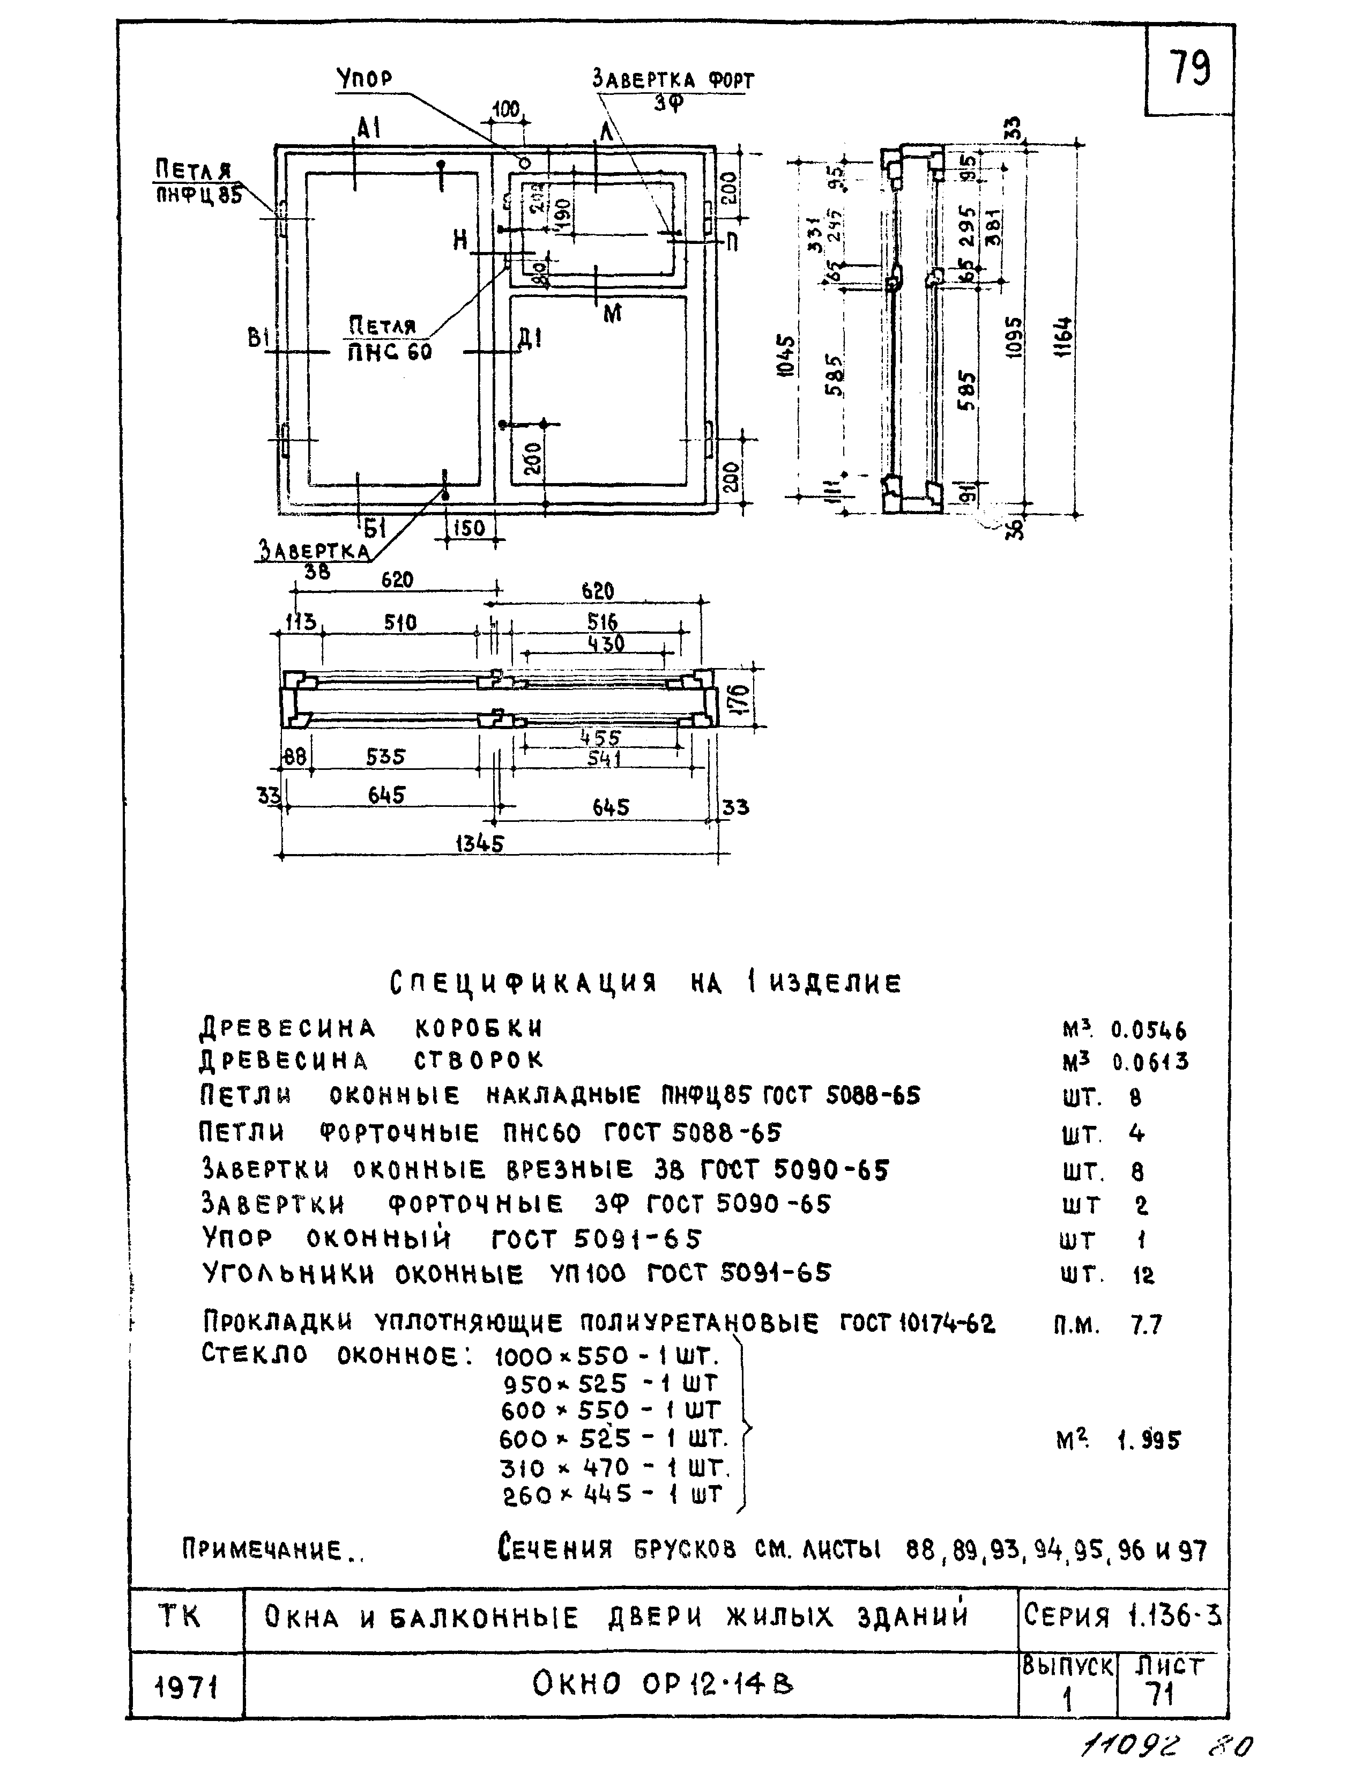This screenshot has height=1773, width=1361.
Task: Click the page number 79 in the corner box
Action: click(x=1189, y=68)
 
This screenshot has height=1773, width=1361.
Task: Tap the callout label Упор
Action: click(x=365, y=79)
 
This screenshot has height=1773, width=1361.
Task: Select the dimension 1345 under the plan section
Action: click(x=480, y=843)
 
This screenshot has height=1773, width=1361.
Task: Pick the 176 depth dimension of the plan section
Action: click(x=742, y=699)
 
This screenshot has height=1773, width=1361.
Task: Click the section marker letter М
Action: click(x=613, y=314)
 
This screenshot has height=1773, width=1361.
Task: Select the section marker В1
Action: click(x=258, y=338)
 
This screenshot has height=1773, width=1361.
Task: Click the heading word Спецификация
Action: click(x=523, y=984)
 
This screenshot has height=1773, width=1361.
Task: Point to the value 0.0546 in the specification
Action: click(x=1148, y=1031)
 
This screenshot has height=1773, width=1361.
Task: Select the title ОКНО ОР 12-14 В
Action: click(x=663, y=1686)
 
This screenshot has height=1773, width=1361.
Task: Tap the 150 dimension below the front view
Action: click(x=468, y=528)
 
